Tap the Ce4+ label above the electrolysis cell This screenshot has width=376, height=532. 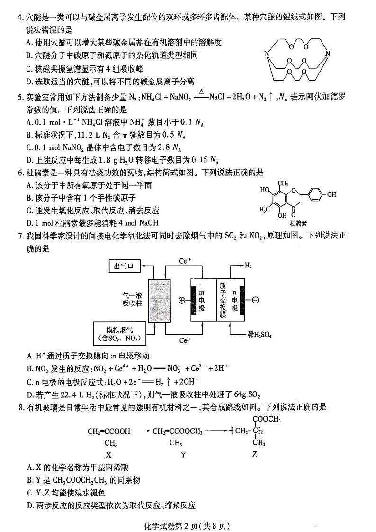point(185,260)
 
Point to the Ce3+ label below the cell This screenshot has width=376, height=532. point(185,340)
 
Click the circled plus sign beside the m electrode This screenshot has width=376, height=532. point(181,300)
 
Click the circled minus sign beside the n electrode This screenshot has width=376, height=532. point(255,300)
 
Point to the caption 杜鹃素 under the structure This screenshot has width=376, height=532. point(298,222)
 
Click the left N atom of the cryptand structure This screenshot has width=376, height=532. point(267,58)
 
